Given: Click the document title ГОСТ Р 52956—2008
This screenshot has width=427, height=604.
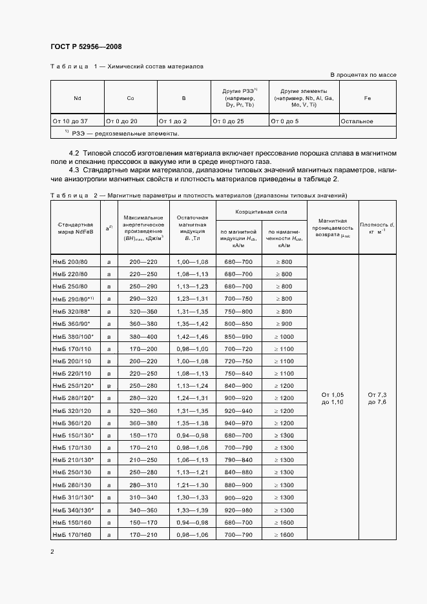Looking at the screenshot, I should pos(85,46).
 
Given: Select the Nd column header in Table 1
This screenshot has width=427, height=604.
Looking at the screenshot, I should pos(77,97).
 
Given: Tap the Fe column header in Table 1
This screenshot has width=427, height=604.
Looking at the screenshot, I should pos(368,97).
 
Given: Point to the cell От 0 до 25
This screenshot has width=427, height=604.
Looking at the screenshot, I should pos(231,121).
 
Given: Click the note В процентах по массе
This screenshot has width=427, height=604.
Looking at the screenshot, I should pos(364,75).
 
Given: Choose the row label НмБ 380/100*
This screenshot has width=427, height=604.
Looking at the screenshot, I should pos(72,336).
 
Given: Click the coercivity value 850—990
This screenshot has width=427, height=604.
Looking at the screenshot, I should pos(239,336).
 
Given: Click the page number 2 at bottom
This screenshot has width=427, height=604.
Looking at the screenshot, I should pos(52,552).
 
